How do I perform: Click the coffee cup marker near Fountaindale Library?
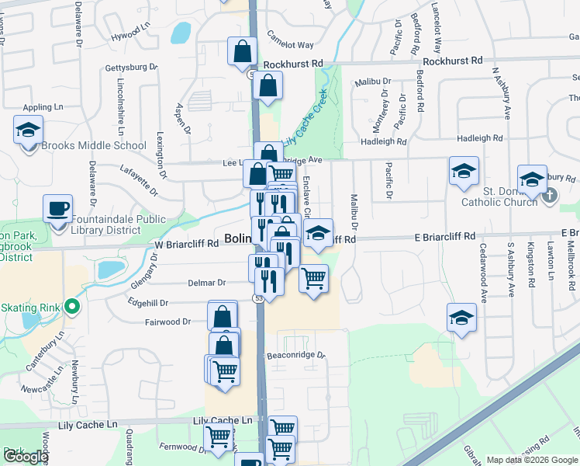click(x=58, y=209)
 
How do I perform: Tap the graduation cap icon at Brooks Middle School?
click(x=28, y=130)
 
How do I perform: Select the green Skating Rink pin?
click(x=72, y=308)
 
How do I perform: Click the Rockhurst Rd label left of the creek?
click(x=293, y=64)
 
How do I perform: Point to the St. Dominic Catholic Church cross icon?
click(x=549, y=194)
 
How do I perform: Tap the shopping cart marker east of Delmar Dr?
click(x=313, y=277)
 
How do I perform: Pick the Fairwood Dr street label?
click(x=167, y=322)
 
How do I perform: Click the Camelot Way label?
click(x=291, y=45)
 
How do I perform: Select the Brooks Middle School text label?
click(x=94, y=145)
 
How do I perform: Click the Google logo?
click(x=26, y=456)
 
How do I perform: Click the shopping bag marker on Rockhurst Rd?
click(x=243, y=52)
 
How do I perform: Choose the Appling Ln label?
click(x=43, y=106)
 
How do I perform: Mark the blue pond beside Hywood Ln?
click(x=181, y=33)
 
